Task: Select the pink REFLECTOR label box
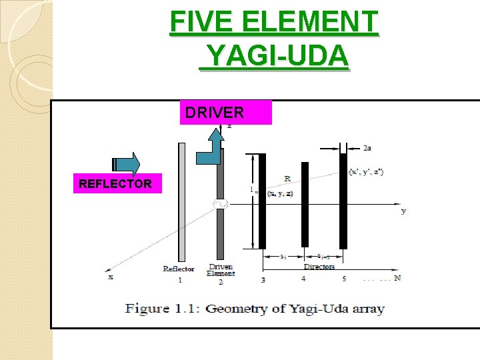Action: click(115, 183)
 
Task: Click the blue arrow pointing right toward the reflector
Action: click(127, 165)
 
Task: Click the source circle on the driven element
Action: click(219, 205)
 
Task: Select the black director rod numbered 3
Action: click(262, 201)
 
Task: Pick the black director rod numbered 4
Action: click(305, 204)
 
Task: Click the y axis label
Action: click(403, 211)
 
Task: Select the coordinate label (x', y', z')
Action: click(366, 172)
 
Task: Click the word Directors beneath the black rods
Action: click(319, 267)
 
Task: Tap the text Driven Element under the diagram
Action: click(221, 270)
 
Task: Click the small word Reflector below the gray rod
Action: click(179, 269)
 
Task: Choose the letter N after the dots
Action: click(397, 278)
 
